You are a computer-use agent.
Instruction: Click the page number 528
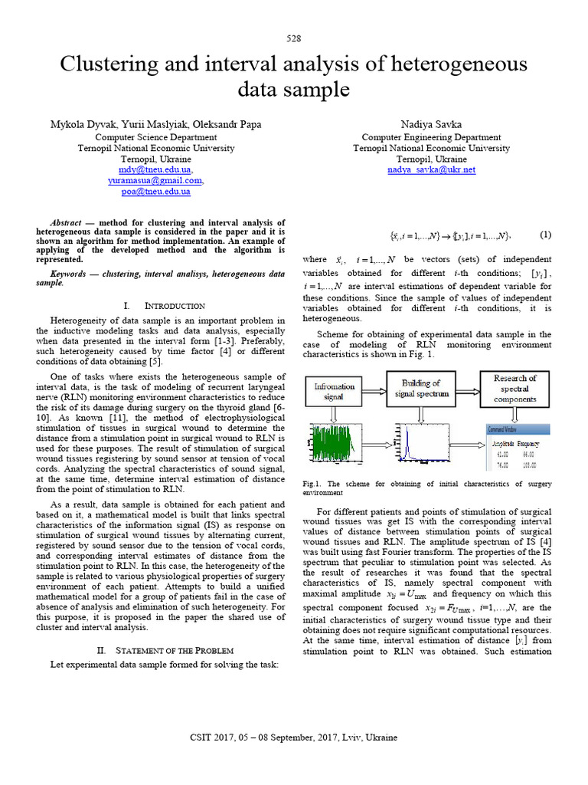coord(294,38)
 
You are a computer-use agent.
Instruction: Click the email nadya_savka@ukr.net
coord(431,169)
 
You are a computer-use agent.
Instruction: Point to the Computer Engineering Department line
coord(431,137)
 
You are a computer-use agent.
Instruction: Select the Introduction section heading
coord(175,305)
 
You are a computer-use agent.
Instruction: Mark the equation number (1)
coord(545,235)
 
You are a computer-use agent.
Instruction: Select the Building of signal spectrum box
coord(421,388)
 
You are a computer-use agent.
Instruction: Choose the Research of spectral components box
coord(514,389)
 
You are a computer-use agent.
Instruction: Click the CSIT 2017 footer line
coord(294,737)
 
